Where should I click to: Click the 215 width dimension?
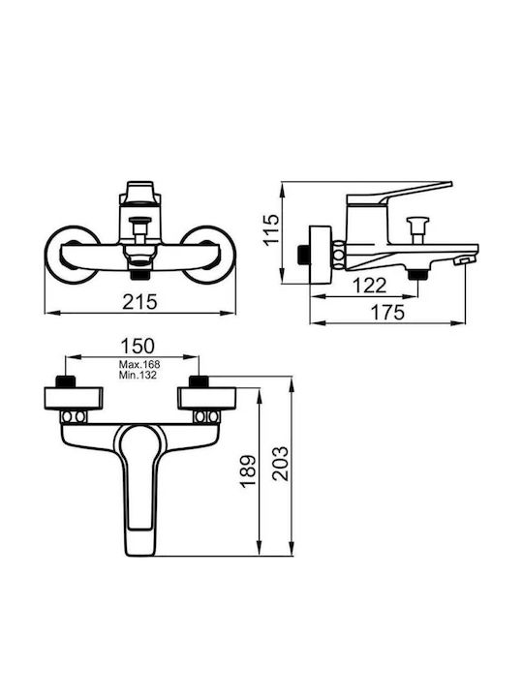tap(140, 302)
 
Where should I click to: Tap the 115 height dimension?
tap(271, 228)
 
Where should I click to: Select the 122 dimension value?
tap(370, 286)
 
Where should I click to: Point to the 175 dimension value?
tap(387, 312)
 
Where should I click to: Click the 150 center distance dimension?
tap(138, 346)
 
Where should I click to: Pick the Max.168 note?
tap(139, 365)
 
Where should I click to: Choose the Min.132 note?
tap(138, 375)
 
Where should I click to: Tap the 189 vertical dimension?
tap(248, 471)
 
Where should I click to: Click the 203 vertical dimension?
tap(280, 464)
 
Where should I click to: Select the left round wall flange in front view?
tap(71, 255)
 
